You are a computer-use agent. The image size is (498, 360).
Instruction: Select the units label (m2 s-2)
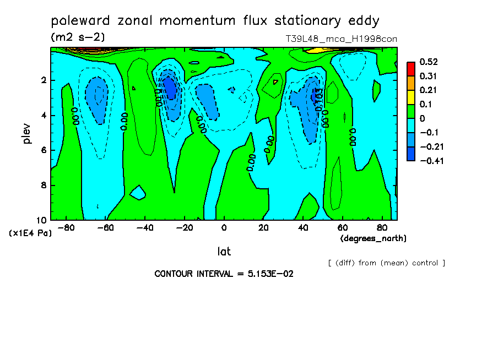78,37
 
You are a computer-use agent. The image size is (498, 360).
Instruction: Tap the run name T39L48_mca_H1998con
341,39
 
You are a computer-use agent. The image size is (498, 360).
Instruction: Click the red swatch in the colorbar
411,69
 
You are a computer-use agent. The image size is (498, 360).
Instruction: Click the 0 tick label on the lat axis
224,227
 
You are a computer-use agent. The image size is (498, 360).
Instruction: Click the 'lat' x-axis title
224,252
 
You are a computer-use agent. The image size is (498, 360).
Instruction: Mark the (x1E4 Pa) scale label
30,233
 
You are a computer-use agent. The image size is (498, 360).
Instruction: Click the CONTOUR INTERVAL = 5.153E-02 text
223,274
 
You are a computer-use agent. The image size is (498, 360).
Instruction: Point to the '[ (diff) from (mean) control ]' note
386,263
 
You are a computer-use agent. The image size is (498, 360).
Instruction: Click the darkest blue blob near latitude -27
171,88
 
